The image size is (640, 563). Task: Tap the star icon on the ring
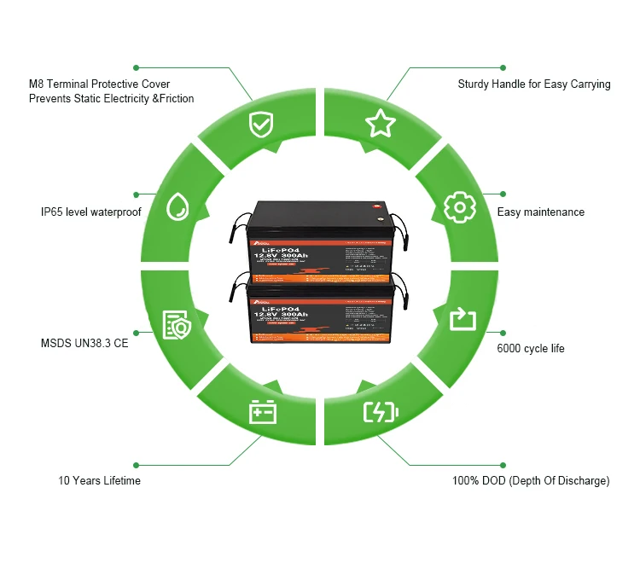click(x=381, y=123)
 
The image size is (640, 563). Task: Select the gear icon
click(x=458, y=207)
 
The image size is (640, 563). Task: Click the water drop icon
click(x=177, y=206)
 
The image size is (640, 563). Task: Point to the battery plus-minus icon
click(x=262, y=413)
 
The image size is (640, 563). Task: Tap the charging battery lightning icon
click(x=381, y=413)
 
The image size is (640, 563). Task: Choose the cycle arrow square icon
click(x=462, y=320)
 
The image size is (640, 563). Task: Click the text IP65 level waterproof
click(x=90, y=212)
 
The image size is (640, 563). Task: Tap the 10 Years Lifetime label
click(x=99, y=481)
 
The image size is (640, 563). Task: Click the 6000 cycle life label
click(x=531, y=348)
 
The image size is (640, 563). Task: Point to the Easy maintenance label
click(x=541, y=212)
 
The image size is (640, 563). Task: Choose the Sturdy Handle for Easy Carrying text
click(x=534, y=84)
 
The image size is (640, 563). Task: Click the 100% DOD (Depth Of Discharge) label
click(x=531, y=481)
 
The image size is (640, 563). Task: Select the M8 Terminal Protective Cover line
click(x=99, y=84)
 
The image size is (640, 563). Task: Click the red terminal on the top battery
click(x=372, y=206)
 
